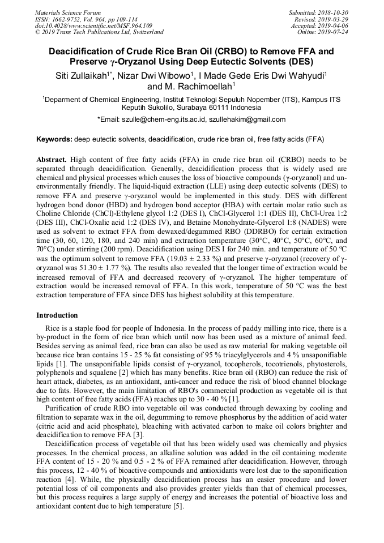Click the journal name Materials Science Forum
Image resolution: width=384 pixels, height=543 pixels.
coord(68,12)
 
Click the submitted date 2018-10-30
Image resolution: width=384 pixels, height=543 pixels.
coord(333,12)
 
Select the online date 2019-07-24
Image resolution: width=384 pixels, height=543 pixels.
coord(333,33)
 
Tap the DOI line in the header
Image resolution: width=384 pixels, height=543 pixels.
coord(94,26)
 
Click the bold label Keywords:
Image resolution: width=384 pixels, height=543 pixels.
coord(54,139)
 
